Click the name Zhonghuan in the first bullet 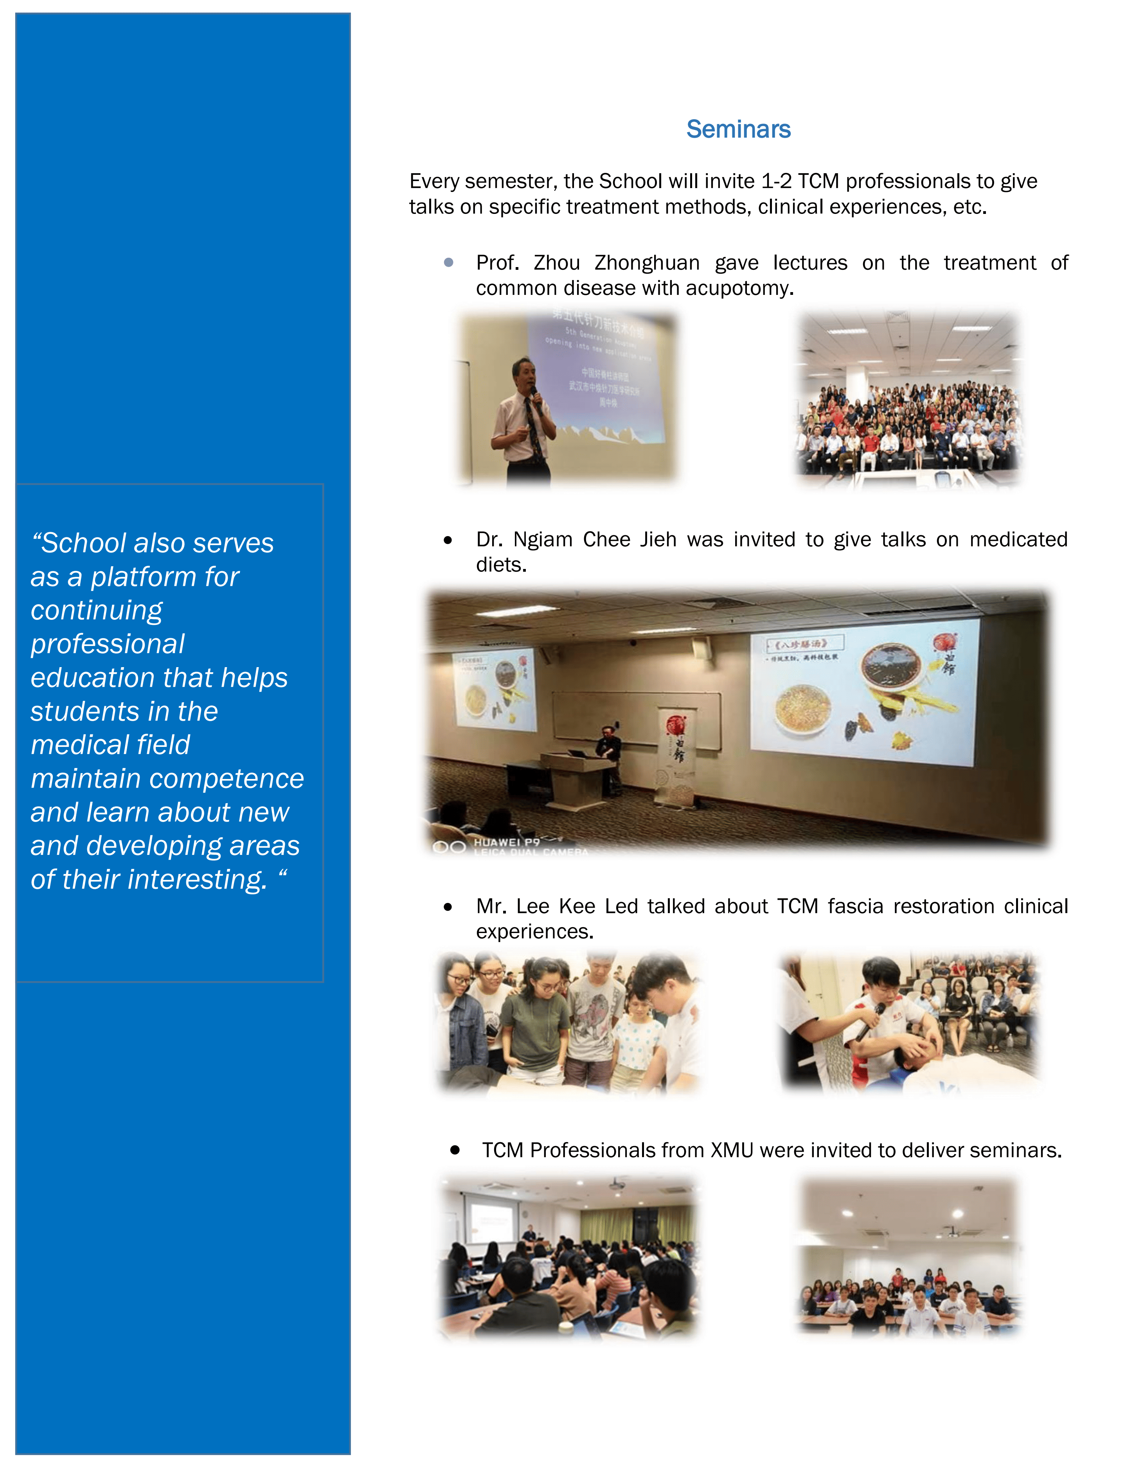[646, 263]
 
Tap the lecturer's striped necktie [533, 430]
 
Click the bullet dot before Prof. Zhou [448, 263]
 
